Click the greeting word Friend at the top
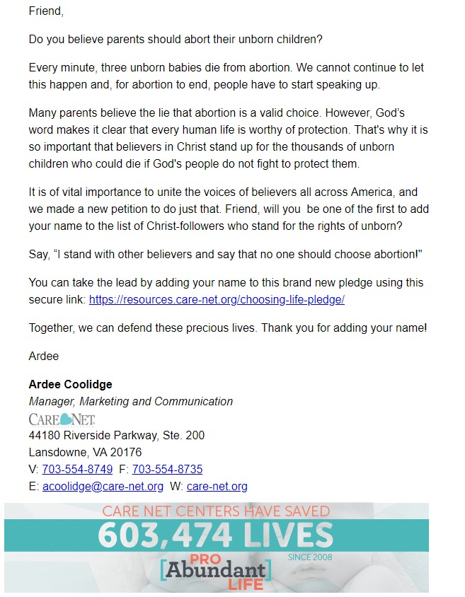(45, 11)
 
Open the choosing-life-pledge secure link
(217, 299)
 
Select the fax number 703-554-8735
(167, 469)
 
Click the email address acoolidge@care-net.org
(103, 486)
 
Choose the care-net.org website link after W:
(217, 486)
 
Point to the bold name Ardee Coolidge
(70, 384)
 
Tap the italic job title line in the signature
(130, 401)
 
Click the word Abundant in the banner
(216, 569)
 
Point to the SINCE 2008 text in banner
(310, 557)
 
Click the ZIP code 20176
(125, 452)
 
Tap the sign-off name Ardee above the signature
(44, 356)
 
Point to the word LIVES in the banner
(288, 535)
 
